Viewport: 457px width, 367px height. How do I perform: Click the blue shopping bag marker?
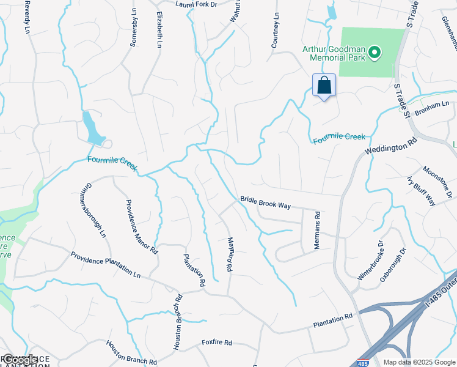pos(324,86)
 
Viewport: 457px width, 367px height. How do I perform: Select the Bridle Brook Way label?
pos(265,202)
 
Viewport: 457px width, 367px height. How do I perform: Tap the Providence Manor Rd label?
pos(142,226)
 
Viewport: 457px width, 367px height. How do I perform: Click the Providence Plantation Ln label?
pos(105,265)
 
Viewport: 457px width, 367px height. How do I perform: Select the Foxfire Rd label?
pos(217,343)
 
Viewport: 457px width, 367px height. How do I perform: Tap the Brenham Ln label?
pos(431,105)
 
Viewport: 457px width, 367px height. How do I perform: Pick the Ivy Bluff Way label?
pos(421,191)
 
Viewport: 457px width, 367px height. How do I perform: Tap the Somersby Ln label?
pos(134,28)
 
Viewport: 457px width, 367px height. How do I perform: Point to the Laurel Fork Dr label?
pos(196,4)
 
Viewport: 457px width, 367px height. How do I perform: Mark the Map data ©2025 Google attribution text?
pos(419,361)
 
